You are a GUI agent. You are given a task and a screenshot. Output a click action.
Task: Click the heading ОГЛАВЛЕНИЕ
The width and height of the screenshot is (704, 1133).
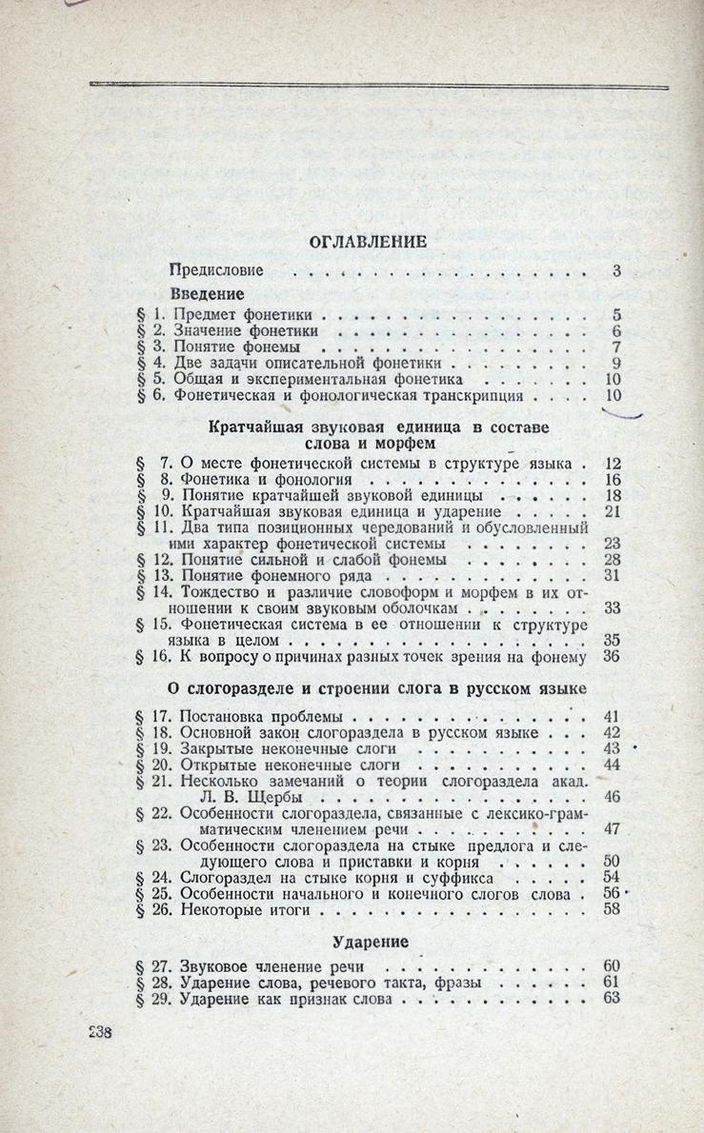(367, 242)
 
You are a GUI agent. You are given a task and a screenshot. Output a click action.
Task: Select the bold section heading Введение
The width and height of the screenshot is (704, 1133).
(208, 294)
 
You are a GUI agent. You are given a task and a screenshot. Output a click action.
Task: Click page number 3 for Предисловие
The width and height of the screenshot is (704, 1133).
(616, 271)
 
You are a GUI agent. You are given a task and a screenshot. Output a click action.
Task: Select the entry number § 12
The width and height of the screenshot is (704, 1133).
(154, 561)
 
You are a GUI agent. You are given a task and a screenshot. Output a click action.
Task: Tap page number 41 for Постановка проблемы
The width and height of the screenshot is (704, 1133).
(613, 716)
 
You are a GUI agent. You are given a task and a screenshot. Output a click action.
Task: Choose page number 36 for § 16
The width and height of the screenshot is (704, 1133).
(613, 656)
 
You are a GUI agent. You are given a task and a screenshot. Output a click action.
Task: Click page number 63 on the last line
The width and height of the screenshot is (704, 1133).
(613, 999)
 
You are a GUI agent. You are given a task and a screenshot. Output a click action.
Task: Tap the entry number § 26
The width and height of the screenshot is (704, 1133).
(154, 910)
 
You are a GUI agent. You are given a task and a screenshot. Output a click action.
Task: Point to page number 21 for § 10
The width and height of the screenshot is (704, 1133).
(613, 512)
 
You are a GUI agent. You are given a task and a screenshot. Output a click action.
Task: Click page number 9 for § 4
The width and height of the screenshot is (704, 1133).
(616, 363)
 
